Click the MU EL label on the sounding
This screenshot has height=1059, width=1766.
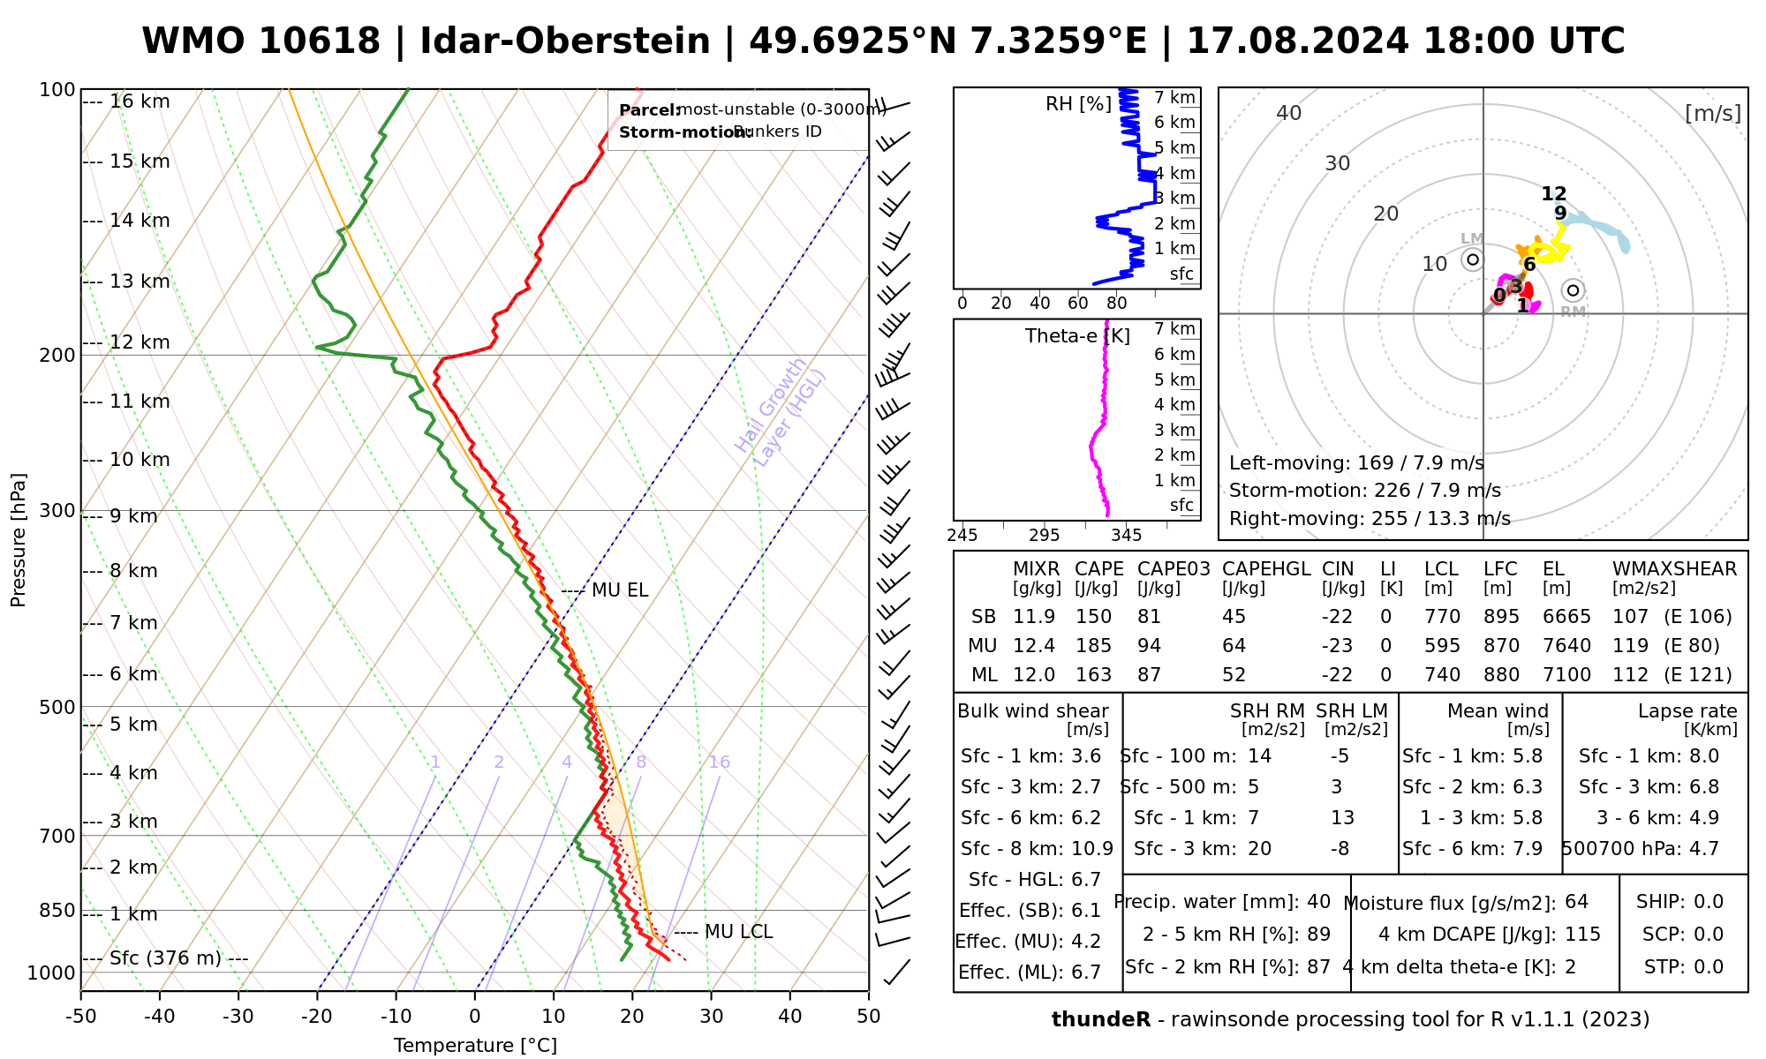coord(620,590)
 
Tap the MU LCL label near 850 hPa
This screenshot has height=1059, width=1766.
coord(738,932)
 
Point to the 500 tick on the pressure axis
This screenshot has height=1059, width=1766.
coord(57,707)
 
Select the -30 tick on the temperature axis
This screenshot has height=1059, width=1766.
coord(238,1017)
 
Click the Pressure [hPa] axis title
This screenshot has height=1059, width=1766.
coord(19,540)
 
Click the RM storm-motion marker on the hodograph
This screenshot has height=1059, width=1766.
coord(1573,290)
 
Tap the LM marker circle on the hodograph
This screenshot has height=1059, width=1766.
coord(1472,259)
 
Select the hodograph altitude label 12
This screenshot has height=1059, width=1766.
coord(1554,194)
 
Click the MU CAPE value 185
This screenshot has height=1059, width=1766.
coord(1093,646)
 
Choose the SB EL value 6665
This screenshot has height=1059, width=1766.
coord(1566,617)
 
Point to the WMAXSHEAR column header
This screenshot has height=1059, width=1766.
coord(1674,569)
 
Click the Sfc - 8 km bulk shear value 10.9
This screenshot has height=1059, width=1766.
coord(1091,849)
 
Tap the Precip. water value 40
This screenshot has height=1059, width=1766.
coord(1318,902)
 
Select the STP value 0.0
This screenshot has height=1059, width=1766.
coord(1709,967)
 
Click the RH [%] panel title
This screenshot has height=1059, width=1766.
coord(1078,104)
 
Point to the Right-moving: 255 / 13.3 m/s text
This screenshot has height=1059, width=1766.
coord(1370,519)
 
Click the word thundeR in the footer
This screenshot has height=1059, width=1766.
coord(1101,1020)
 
